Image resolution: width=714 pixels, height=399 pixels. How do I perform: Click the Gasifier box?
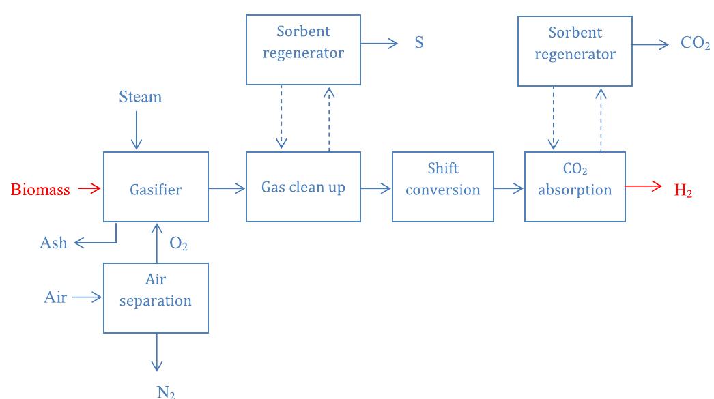[156, 187]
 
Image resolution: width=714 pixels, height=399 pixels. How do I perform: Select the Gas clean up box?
[303, 187]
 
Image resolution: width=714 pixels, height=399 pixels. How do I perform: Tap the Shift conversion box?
[442, 187]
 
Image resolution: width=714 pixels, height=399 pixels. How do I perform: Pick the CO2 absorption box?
[574, 187]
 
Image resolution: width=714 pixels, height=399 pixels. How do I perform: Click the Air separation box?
[156, 297]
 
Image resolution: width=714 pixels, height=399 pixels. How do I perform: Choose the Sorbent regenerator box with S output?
[303, 50]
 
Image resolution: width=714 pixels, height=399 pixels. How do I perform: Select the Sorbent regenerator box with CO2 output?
[575, 51]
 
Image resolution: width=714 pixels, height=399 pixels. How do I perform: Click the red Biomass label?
[40, 190]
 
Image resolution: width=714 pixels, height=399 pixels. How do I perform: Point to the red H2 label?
[683, 191]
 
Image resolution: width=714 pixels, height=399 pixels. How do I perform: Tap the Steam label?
[141, 97]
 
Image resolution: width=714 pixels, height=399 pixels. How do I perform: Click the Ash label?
[54, 243]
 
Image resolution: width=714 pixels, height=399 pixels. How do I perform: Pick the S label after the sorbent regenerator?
[418, 43]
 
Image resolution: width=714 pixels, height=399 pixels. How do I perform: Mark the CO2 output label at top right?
[695, 44]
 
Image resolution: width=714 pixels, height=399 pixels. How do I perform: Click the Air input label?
[56, 297]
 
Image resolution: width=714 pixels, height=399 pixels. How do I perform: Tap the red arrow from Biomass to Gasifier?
[89, 188]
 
